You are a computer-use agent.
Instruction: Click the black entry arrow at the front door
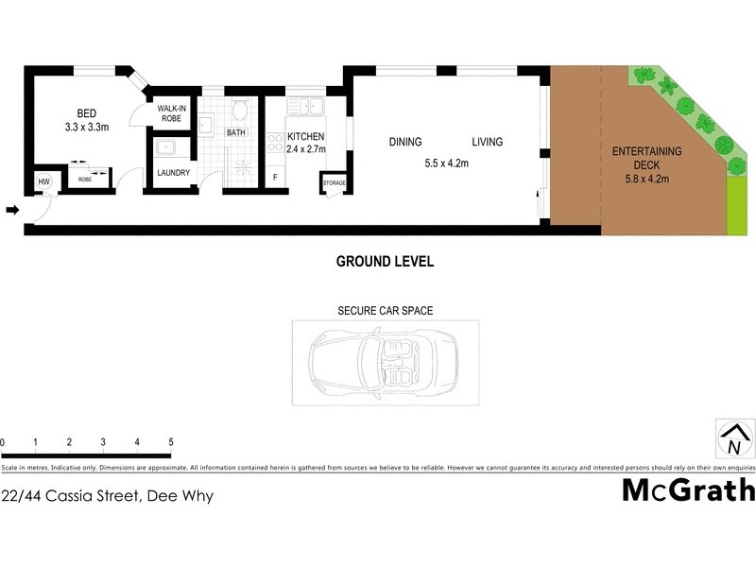click(12, 210)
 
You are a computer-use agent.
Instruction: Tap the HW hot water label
click(43, 181)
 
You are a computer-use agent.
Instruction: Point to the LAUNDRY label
click(174, 173)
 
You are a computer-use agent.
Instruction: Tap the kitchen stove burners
click(276, 144)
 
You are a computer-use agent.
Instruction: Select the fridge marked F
click(275, 178)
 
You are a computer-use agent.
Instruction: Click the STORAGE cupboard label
click(335, 182)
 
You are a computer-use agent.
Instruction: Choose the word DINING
click(404, 143)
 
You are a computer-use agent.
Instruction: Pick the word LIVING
click(488, 143)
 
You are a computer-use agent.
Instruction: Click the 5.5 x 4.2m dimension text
click(447, 163)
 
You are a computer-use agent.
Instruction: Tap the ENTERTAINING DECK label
click(647, 158)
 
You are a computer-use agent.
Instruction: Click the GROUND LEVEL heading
click(386, 262)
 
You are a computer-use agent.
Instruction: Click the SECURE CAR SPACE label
click(386, 310)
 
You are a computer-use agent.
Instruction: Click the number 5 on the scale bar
click(171, 442)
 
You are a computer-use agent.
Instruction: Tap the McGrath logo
click(689, 490)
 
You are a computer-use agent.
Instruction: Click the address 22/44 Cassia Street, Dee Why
click(108, 495)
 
